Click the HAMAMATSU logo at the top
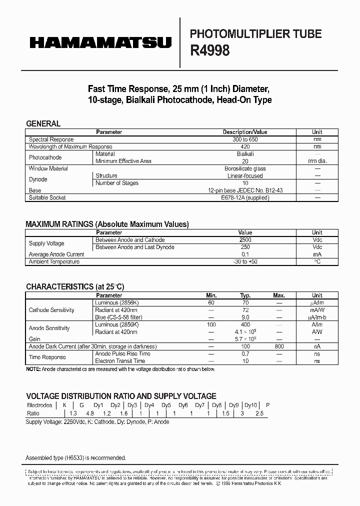tap(100, 43)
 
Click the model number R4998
tap(210, 50)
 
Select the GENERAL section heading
tap(43, 123)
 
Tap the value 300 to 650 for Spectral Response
tap(245, 139)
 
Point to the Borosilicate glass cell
tap(245, 168)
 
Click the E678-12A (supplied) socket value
tap(245, 197)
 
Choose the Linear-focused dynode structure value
tap(245, 176)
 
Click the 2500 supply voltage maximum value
tap(245, 240)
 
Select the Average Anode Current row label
tap(56, 254)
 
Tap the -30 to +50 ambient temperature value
tap(245, 261)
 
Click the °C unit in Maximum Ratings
tap(317, 261)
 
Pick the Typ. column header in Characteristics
tap(245, 295)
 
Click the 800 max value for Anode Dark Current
tap(279, 346)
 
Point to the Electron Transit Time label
tap(120, 360)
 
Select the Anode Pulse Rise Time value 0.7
tap(245, 353)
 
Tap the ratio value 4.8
tap(90, 413)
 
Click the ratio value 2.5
tap(259, 413)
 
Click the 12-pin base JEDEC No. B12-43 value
tap(245, 190)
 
